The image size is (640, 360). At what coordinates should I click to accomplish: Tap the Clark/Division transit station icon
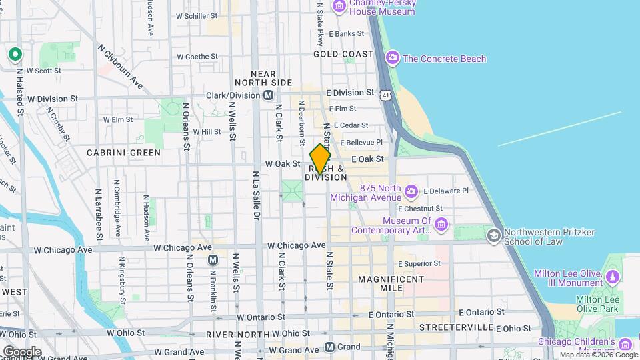tap(268, 95)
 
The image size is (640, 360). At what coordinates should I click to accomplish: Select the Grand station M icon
tap(329, 347)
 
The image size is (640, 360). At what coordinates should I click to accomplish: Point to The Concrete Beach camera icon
tap(393, 59)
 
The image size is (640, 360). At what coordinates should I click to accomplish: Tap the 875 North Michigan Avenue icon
tap(411, 192)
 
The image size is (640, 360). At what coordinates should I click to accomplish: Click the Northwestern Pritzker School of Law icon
tap(493, 235)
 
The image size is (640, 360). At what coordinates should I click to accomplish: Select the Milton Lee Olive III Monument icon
tap(612, 275)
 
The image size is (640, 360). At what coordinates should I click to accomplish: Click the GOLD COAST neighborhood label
tap(343, 53)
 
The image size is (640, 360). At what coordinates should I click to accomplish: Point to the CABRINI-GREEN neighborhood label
tap(124, 153)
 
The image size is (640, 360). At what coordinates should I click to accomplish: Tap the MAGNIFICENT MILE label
tap(381, 283)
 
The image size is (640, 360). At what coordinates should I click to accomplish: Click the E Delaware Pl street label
tap(446, 191)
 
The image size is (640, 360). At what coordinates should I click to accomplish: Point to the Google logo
tap(22, 351)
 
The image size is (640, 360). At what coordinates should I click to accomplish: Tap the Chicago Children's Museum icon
tap(625, 344)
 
